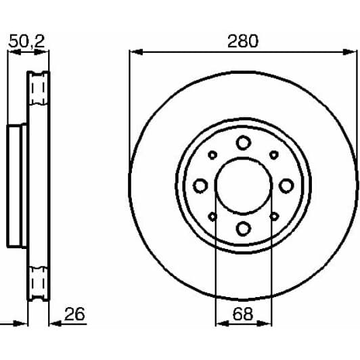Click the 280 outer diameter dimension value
[x=243, y=41]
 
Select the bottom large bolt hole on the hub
[x=243, y=228]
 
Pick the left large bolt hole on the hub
[x=200, y=185]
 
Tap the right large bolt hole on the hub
[x=286, y=185]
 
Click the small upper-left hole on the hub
[x=212, y=154]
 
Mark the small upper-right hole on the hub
[x=273, y=154]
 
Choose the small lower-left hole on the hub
[x=212, y=216]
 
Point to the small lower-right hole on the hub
[x=273, y=216]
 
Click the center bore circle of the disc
[x=243, y=185]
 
